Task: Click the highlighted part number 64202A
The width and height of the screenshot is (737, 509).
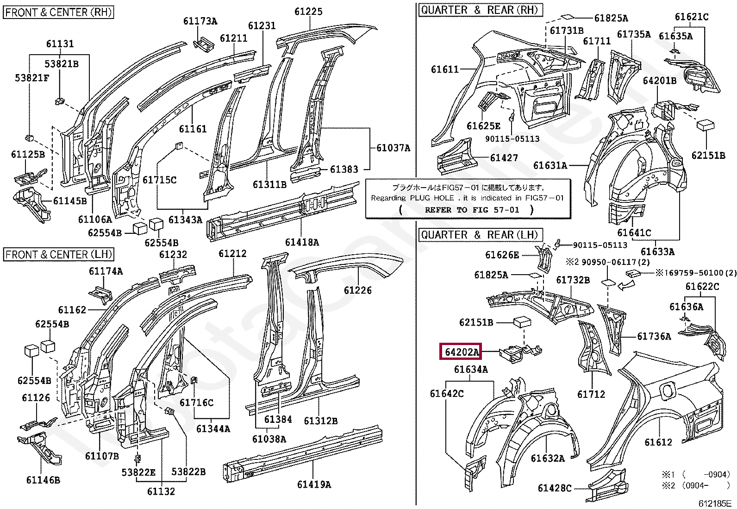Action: (x=461, y=352)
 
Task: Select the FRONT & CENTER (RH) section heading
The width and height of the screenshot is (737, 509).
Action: (x=59, y=12)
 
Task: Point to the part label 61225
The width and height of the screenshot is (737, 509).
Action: (x=308, y=12)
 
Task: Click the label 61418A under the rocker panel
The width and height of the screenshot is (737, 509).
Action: (x=302, y=242)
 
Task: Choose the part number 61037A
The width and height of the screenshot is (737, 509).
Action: (x=393, y=148)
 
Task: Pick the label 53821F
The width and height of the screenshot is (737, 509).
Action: (x=32, y=78)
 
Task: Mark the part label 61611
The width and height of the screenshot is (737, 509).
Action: (x=445, y=69)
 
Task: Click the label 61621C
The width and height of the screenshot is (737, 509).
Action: (x=692, y=17)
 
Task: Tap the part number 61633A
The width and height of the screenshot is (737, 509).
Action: (x=657, y=252)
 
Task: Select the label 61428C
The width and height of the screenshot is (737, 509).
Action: (x=555, y=488)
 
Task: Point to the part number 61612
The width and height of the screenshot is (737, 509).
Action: (x=658, y=442)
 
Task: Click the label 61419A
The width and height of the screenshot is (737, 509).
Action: (x=314, y=484)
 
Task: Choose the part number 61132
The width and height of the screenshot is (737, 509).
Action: (x=161, y=491)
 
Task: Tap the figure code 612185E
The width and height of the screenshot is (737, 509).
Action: (x=714, y=503)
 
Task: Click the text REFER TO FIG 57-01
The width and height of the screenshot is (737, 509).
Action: (x=472, y=210)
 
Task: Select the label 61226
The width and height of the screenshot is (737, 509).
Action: (x=358, y=290)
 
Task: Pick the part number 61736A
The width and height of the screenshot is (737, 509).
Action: (x=654, y=336)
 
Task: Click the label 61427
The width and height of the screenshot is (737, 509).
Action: (x=504, y=158)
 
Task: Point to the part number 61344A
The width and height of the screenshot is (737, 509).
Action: (x=213, y=429)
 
